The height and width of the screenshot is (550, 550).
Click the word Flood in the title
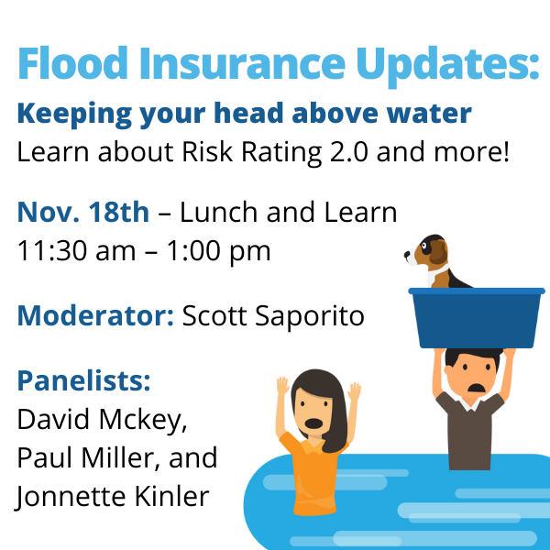(x=72, y=63)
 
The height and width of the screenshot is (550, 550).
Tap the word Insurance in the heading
(x=242, y=63)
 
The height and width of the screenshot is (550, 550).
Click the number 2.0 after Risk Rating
(x=349, y=152)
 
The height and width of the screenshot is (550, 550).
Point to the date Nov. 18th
(x=83, y=213)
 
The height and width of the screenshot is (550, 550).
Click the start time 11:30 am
(x=76, y=251)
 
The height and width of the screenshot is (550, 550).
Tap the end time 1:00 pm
(x=218, y=252)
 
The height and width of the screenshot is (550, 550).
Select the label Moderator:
(x=95, y=315)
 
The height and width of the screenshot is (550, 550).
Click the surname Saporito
(x=310, y=317)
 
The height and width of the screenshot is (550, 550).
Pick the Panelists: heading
(x=83, y=380)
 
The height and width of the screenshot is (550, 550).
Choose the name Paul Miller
(x=83, y=457)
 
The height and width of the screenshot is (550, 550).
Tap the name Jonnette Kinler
(x=113, y=496)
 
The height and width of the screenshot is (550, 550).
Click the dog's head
(x=429, y=250)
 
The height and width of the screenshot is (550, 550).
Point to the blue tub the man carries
(x=477, y=317)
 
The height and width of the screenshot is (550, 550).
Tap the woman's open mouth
(x=313, y=423)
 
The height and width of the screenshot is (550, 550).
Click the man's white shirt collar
(x=470, y=403)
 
